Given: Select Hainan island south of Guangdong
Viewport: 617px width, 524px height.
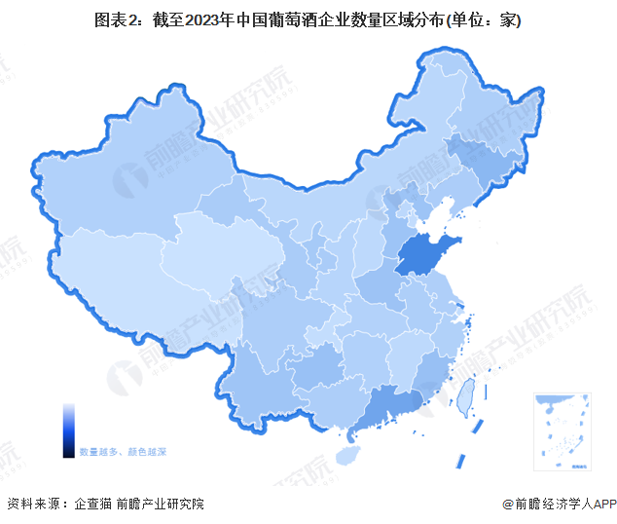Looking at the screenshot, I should coord(362,443).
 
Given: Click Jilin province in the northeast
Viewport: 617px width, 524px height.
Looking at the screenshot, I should coord(482,161).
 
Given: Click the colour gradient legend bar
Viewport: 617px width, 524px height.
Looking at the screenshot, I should coord(68,430).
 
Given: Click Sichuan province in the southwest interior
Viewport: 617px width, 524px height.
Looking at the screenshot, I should coord(272,312).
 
